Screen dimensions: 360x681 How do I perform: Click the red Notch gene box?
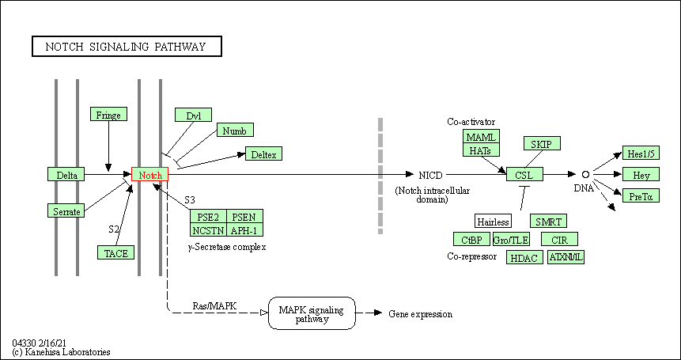click(x=149, y=175)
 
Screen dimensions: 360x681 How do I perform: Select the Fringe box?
click(x=108, y=115)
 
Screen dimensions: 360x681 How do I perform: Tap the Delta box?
click(x=66, y=175)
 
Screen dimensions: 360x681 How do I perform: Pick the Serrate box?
click(x=66, y=210)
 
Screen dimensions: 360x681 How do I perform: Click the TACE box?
click(x=115, y=252)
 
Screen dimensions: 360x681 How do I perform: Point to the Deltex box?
click(x=263, y=154)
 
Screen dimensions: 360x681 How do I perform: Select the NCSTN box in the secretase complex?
click(x=208, y=229)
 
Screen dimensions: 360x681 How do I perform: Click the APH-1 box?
click(x=245, y=229)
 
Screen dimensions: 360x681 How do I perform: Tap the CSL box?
click(x=524, y=174)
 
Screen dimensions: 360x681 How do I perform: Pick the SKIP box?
click(x=542, y=143)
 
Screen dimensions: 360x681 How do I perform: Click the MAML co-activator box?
click(x=482, y=137)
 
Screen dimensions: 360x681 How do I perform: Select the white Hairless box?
click(x=493, y=221)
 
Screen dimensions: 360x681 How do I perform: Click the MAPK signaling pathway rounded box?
click(x=312, y=314)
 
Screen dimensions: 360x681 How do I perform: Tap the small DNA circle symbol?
click(x=585, y=174)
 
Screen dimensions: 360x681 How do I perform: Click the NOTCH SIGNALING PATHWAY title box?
click(x=127, y=47)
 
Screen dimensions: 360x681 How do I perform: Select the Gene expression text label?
click(x=420, y=314)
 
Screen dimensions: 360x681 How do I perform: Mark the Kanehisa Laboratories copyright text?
click(x=61, y=351)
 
